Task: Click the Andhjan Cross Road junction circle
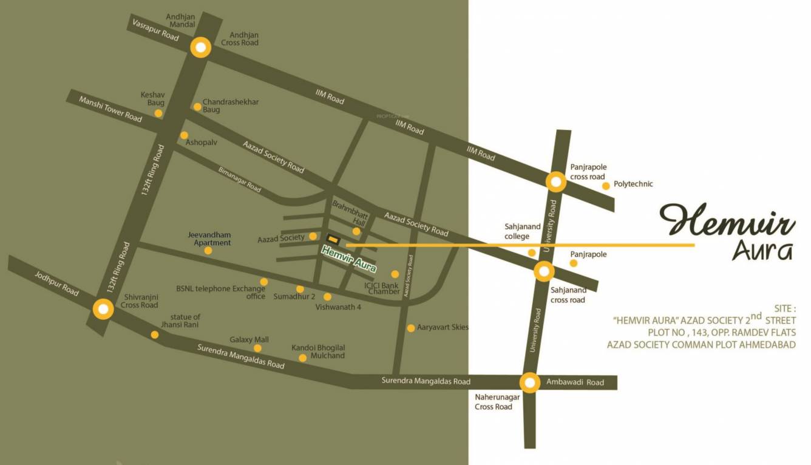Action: [x=200, y=48]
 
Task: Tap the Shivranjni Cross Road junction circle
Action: [x=103, y=310]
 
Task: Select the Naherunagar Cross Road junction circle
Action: [x=530, y=382]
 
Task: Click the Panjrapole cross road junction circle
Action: [x=556, y=182]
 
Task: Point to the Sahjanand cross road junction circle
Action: [x=544, y=271]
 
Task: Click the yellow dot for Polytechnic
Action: [x=606, y=186]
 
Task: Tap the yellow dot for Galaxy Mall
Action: [x=257, y=348]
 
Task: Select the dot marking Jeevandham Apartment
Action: [x=208, y=251]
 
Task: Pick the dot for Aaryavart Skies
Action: [x=411, y=328]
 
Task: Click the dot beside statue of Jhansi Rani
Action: [x=155, y=334]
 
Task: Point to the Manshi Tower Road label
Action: [x=110, y=108]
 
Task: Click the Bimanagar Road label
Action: [x=239, y=180]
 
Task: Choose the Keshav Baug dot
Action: [x=158, y=113]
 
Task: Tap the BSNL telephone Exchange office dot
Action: [x=264, y=282]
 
